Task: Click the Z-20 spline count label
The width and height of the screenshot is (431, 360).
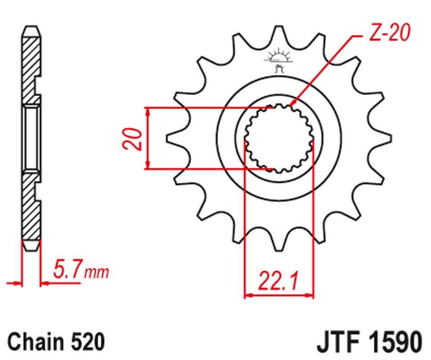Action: tap(388, 34)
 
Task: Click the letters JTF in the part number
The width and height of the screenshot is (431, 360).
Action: tap(337, 342)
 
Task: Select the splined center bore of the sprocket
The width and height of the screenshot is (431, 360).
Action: tap(278, 139)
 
